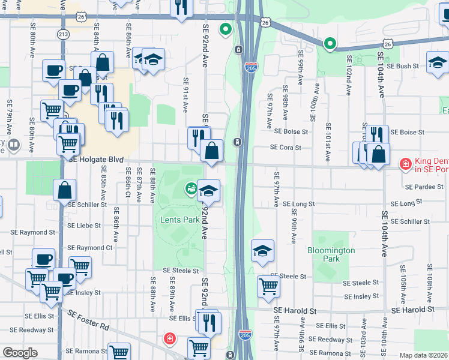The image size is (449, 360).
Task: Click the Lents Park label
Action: [x=179, y=220]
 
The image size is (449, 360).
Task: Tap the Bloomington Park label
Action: [x=331, y=254]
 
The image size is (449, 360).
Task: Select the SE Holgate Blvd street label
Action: [x=96, y=160]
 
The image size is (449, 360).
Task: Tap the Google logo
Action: [x=20, y=353]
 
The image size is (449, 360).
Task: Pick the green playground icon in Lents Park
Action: [x=191, y=189]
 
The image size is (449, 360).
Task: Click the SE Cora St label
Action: [x=285, y=147]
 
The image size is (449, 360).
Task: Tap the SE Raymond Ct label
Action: [x=90, y=247]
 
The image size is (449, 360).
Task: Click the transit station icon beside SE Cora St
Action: [x=238, y=142]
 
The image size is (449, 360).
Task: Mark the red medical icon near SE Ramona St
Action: [x=170, y=339]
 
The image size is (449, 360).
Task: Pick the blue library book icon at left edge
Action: [x=13, y=144]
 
